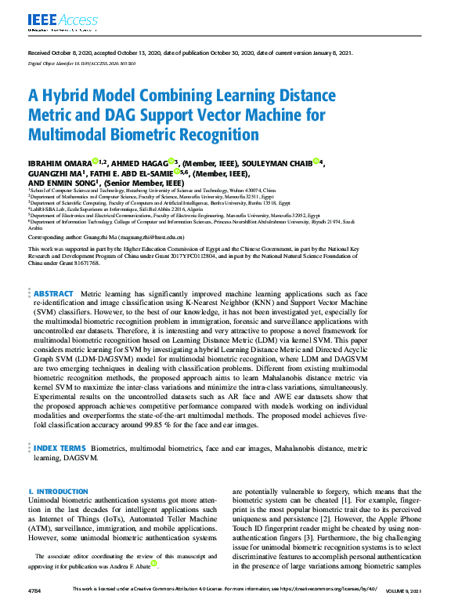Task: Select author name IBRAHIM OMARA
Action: pyautogui.click(x=59, y=163)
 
